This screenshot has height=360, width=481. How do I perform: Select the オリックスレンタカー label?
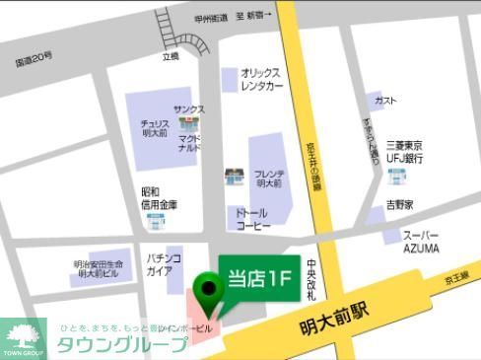[261, 79]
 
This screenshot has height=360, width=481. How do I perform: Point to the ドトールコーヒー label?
[252, 218]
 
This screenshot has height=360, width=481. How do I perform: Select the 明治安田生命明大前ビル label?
[100, 270]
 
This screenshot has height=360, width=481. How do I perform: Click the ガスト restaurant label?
[386, 101]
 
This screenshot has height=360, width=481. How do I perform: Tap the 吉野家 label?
[398, 205]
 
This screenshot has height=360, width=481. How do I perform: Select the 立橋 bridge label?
[172, 58]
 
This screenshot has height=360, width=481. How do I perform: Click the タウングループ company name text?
[120, 344]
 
